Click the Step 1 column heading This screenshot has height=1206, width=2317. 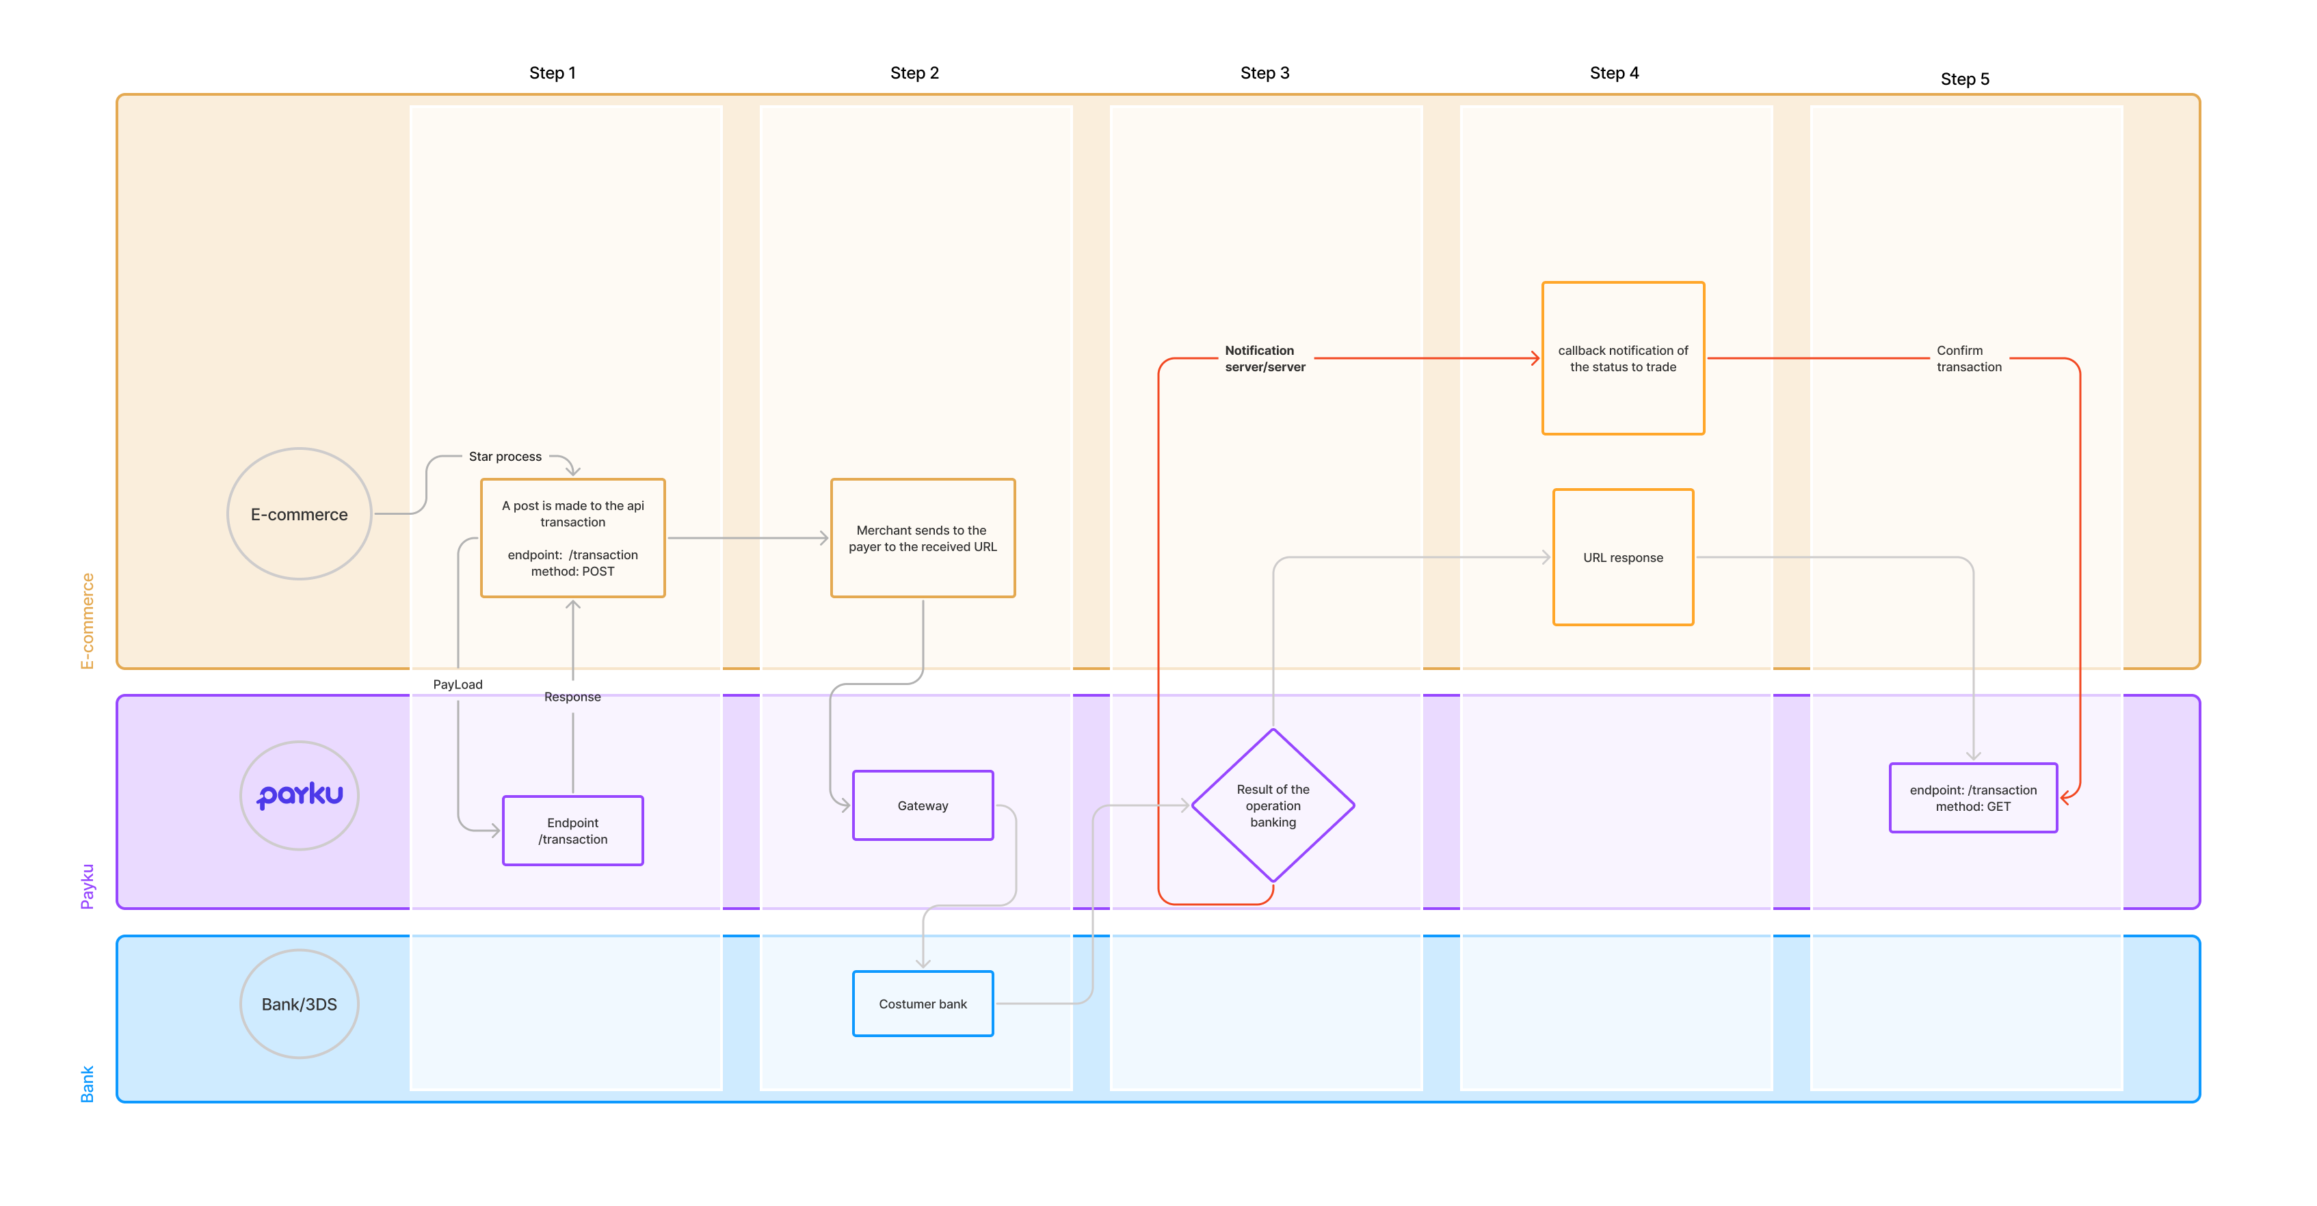[553, 73]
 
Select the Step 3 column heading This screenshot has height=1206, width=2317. [1265, 73]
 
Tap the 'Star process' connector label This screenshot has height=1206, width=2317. [505, 457]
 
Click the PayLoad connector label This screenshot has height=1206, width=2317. [458, 684]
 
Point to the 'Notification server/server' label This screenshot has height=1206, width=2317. [1265, 359]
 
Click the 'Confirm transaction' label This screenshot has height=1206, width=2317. [1969, 359]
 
